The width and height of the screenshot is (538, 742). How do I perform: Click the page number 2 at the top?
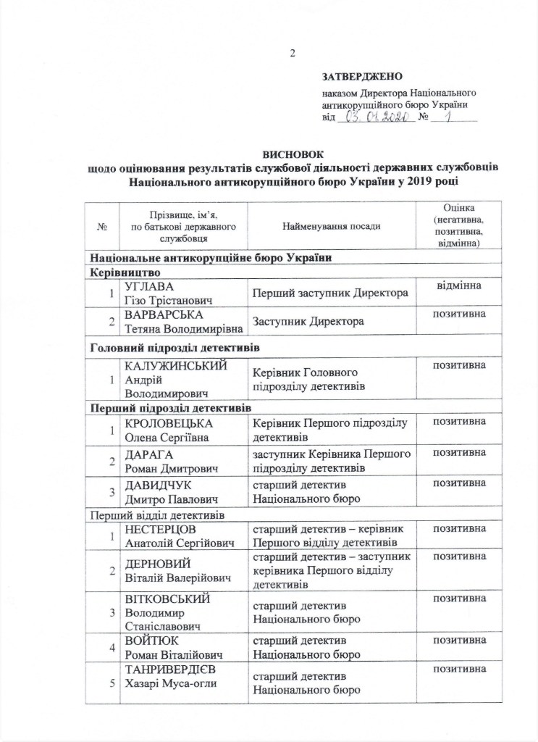[293, 53]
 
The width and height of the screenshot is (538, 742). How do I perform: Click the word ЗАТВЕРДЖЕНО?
[362, 76]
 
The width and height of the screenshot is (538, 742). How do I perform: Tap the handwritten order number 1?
[455, 117]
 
